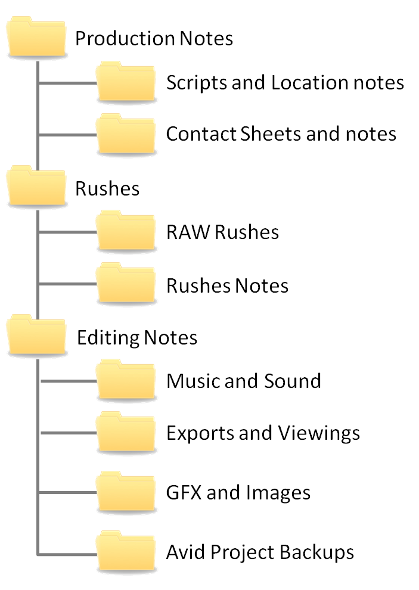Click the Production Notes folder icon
click(36, 38)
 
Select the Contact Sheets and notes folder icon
click(126, 133)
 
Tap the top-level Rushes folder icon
click(36, 188)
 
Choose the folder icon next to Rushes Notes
click(126, 284)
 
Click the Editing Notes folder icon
click(36, 336)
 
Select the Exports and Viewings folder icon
click(126, 432)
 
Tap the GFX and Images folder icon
click(126, 492)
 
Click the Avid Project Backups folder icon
click(126, 551)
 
